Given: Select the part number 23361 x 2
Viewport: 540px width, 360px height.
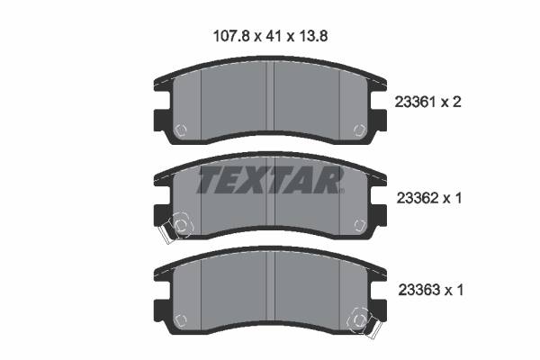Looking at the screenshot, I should [x=427, y=103].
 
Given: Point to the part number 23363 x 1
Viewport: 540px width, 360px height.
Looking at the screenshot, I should [x=427, y=291].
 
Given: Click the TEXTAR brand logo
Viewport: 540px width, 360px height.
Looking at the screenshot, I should [x=270, y=181].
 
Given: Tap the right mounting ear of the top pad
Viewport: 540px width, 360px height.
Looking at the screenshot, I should [x=382, y=121].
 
